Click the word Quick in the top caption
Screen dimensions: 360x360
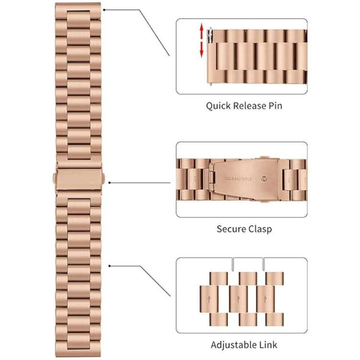click(x=218, y=106)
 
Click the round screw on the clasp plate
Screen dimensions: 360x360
click(x=263, y=179)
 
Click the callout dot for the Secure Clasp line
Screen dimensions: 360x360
click(x=110, y=182)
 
